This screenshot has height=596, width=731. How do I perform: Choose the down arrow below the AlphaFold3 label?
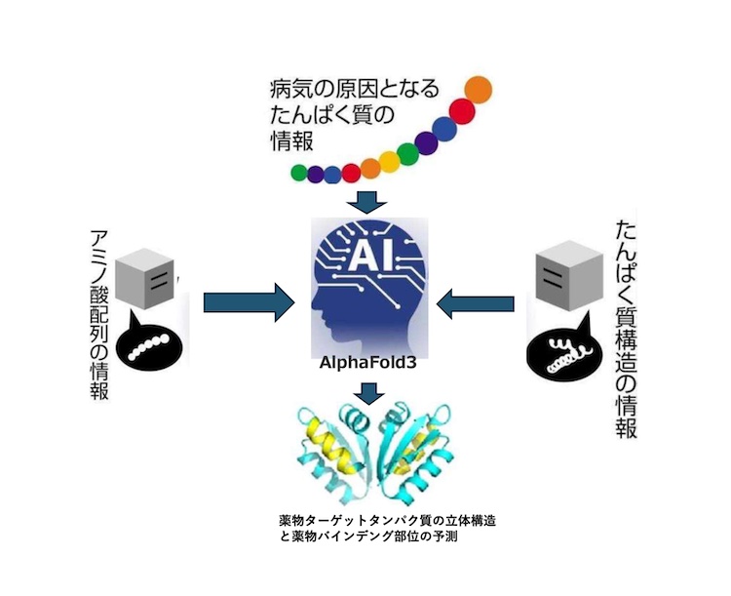pyautogui.click(x=367, y=392)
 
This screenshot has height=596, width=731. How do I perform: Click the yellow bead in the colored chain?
pyautogui.click(x=387, y=159)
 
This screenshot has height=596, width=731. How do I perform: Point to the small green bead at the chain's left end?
pyautogui.click(x=298, y=173)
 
